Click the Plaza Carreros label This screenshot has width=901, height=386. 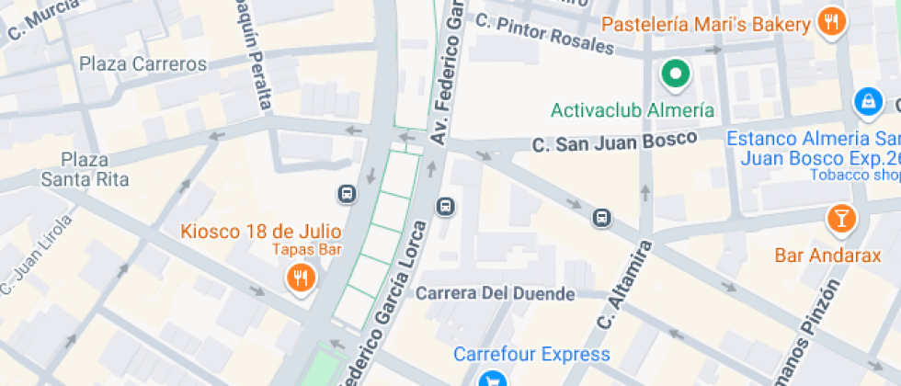coord(143,64)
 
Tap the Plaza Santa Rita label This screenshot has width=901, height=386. coord(84,169)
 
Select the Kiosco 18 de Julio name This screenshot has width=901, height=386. coord(261,231)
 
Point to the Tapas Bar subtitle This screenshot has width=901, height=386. coord(305,249)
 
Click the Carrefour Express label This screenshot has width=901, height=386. coord(531,354)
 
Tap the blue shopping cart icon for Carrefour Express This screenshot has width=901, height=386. coord(494,379)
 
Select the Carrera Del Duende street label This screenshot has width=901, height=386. coord(496,294)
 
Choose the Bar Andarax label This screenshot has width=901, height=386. coord(827,255)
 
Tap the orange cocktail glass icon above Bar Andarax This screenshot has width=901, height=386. coord(840,219)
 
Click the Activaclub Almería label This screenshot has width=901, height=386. coord(633,110)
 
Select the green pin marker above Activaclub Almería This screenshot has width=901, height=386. coord(677,74)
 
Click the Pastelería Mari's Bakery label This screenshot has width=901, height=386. coord(705,24)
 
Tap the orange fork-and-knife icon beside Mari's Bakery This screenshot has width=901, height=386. coord(832,22)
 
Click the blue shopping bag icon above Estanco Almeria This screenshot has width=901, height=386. coord(867,101)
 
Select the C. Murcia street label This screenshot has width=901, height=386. coord(43,22)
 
